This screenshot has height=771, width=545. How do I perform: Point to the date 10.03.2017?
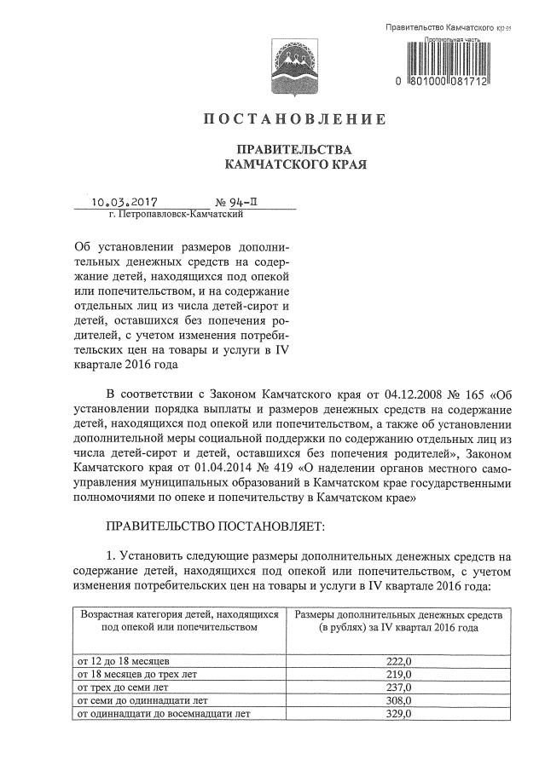pos(132,203)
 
